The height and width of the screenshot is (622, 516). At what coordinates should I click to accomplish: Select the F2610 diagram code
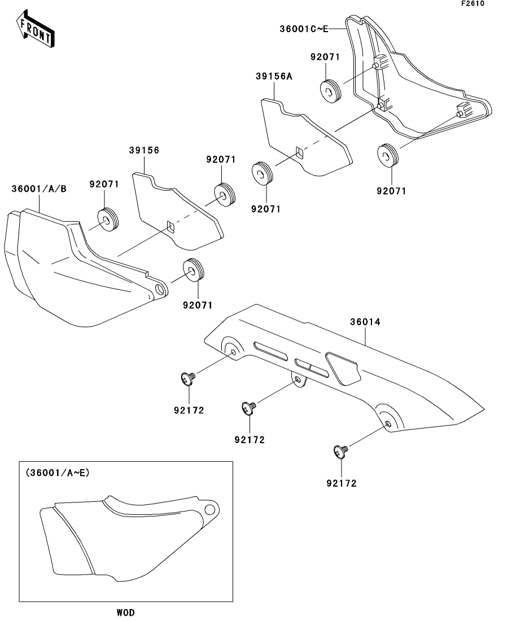coord(473,3)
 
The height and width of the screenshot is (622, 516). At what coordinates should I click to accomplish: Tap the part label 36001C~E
coord(303,28)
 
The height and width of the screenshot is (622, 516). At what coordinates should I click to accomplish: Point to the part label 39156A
coord(273,77)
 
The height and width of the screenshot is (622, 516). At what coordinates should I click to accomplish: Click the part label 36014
coord(365,322)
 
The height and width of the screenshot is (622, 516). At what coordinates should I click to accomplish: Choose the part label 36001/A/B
coord(39,189)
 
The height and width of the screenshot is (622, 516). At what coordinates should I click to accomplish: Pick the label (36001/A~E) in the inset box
coord(57,474)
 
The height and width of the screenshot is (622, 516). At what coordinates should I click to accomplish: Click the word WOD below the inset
coord(125,612)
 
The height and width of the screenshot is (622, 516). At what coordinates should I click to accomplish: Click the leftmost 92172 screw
coord(187,378)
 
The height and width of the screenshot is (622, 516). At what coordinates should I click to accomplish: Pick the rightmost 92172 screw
coord(340,451)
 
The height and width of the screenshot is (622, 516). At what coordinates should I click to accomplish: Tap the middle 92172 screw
coord(248,407)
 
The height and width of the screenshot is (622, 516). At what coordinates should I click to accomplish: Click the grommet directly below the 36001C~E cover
coord(387,155)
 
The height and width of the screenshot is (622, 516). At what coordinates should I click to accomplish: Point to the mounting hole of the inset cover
coord(211,511)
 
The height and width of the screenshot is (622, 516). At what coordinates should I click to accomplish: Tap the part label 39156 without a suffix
coord(145,151)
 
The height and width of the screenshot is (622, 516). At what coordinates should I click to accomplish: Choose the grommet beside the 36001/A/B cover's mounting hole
coord(194,270)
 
